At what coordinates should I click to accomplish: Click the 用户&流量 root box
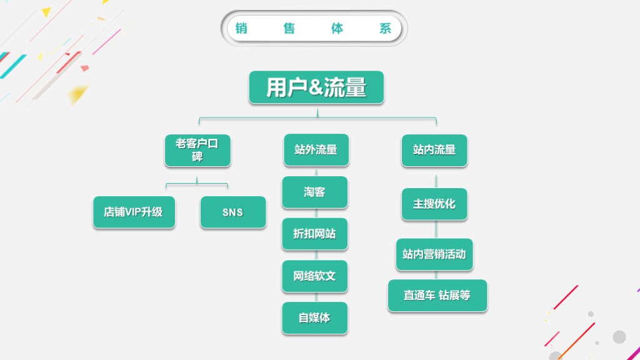coord(316,87)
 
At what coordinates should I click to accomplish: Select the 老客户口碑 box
coord(197,150)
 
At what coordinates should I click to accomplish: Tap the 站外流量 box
coord(316,150)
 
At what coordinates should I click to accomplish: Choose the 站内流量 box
coord(434,150)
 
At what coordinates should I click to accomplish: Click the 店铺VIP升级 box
coord(134,212)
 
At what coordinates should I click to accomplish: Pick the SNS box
coord(232,212)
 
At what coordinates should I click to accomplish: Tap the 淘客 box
coord(314,192)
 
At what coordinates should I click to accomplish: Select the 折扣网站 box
coord(314,234)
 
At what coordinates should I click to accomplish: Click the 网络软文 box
coord(314,276)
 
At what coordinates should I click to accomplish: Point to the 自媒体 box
coord(314,318)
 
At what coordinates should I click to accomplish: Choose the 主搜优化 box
coord(434,204)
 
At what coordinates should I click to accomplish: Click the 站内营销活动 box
coord(434,254)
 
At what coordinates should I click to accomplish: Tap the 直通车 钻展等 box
coord(437,296)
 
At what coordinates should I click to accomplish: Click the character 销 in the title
coord(241,29)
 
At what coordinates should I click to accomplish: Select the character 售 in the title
coord(289,29)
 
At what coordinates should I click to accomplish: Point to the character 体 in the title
coord(337,29)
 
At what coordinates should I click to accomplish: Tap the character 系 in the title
coord(386,29)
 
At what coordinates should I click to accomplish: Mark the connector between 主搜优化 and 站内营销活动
coord(436,229)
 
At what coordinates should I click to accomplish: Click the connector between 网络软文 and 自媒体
coord(316,297)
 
